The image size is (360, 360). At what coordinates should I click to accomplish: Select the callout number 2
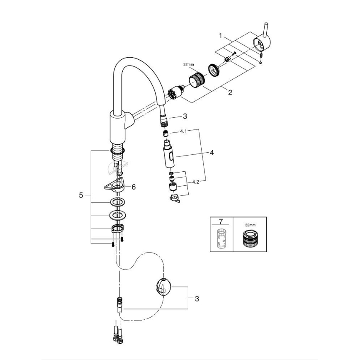pos(230,92)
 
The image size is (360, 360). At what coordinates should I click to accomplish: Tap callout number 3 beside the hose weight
pos(197,298)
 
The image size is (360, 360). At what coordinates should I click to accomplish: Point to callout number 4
pos(212,153)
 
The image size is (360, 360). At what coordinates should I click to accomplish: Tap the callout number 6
pos(134,187)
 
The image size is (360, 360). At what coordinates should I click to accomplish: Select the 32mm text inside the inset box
pos(250,224)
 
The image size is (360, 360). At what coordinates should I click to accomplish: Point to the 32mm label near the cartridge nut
pos(188,65)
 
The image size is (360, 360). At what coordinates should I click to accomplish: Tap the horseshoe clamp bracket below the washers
pos(117,228)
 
